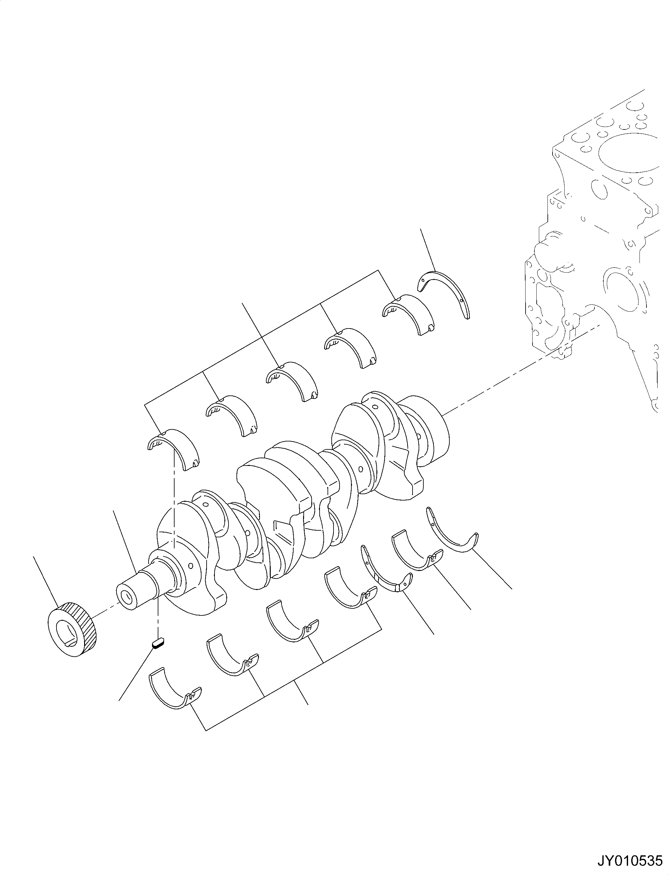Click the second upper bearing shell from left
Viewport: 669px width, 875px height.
(233, 414)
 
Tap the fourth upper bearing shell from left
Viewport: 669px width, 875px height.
(351, 347)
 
